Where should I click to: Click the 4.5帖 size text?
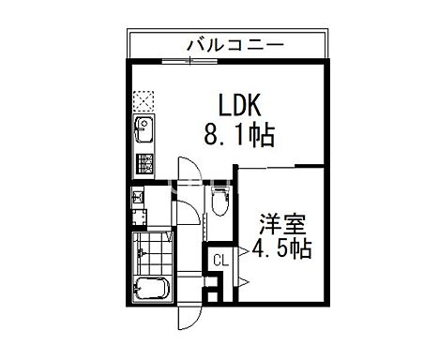pos(280,250)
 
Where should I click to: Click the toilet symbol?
pos(219,201)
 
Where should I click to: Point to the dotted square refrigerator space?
pos(144,99)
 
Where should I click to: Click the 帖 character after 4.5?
pos(301,250)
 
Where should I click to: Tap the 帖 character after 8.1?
pos(262,137)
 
